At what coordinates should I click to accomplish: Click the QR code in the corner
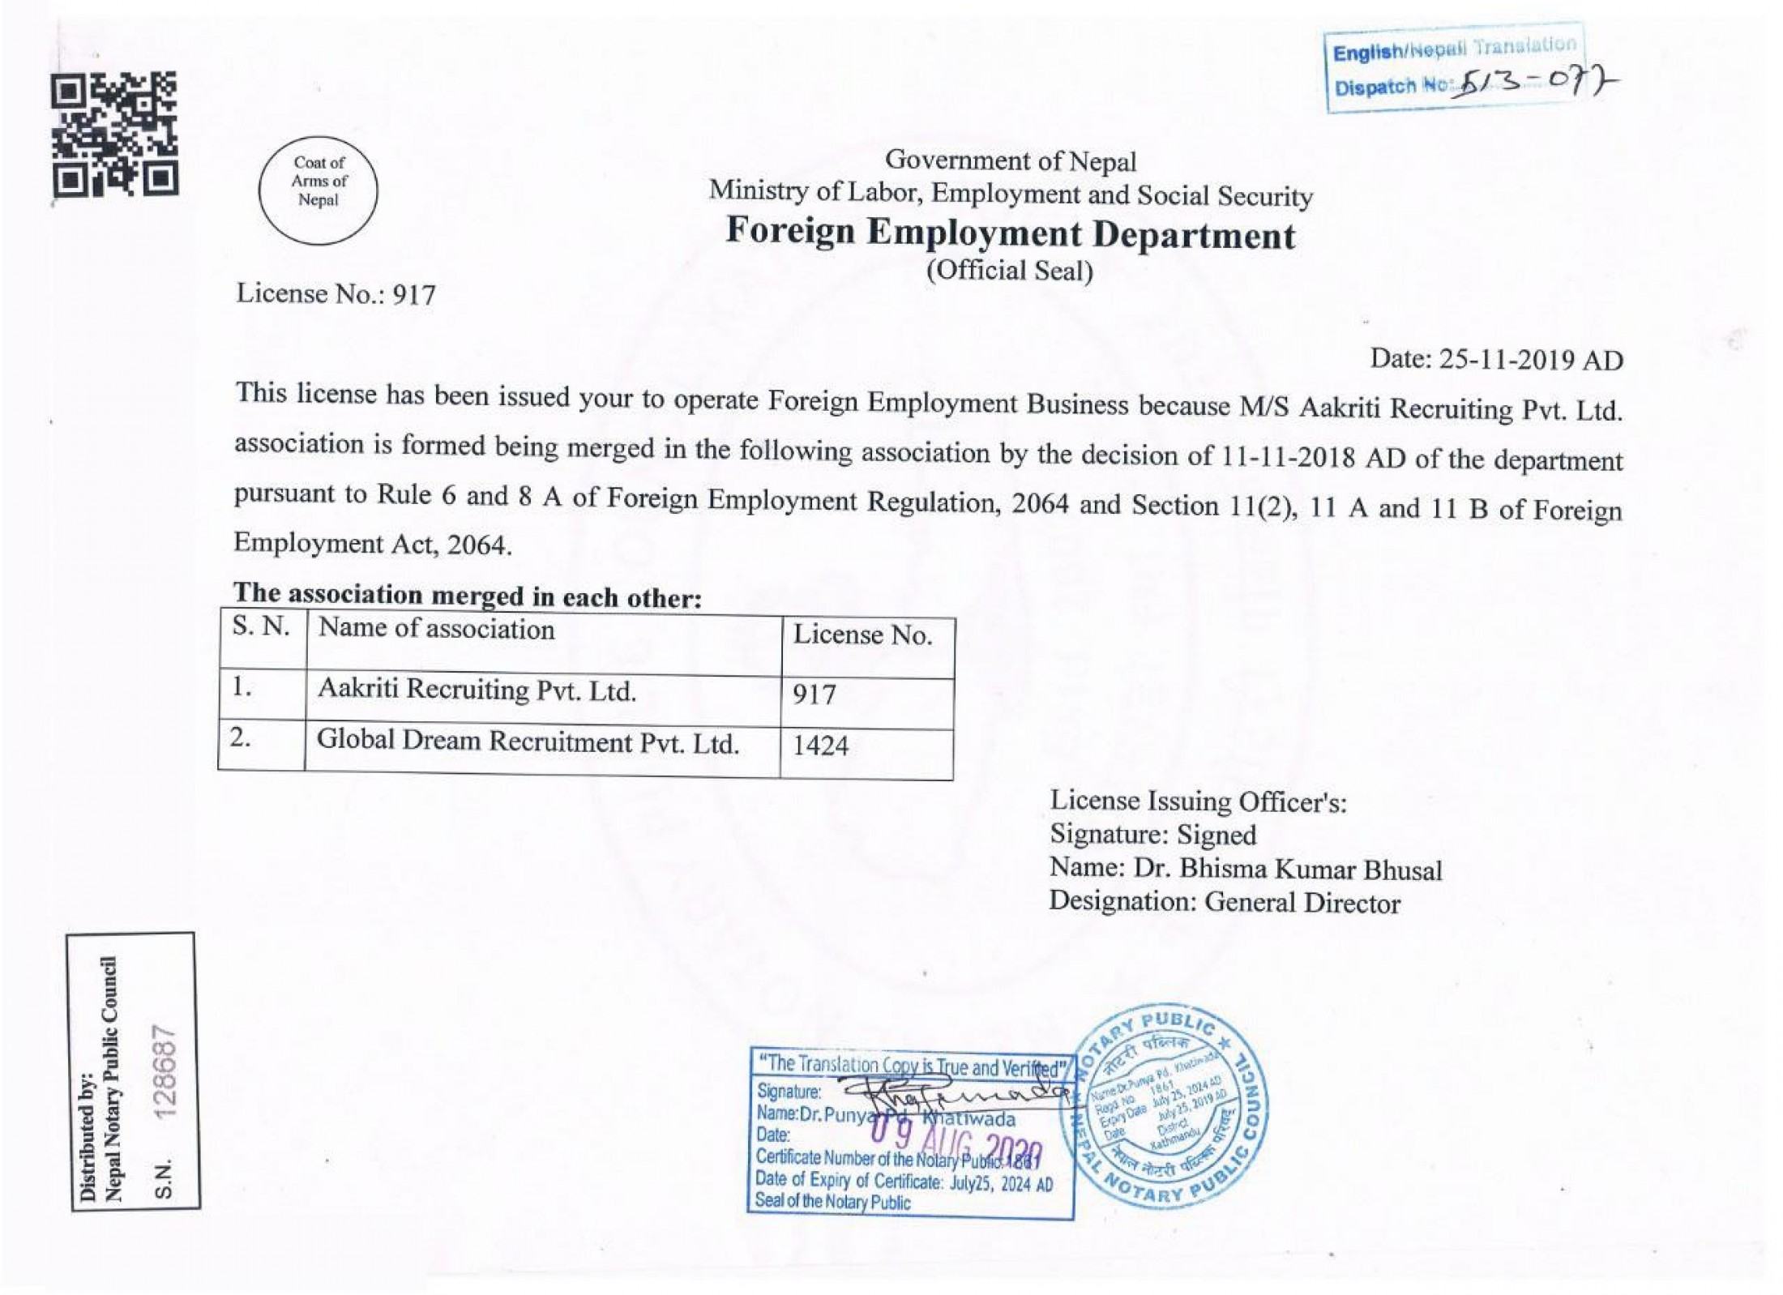114,135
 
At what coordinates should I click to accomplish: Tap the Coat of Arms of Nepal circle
319,190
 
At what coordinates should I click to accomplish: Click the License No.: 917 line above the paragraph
336,293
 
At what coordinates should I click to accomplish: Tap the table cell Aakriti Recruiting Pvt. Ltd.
477,690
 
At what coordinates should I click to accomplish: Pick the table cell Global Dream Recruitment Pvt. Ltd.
528,742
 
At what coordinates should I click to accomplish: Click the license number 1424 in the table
821,745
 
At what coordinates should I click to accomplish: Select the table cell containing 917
815,695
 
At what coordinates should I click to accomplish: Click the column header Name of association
436,630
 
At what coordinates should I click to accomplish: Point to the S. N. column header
261,626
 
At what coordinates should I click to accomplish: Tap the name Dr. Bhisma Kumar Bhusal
1288,869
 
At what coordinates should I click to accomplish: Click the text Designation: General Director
1225,902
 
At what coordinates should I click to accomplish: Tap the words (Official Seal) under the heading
1010,270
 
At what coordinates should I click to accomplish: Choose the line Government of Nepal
1011,160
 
